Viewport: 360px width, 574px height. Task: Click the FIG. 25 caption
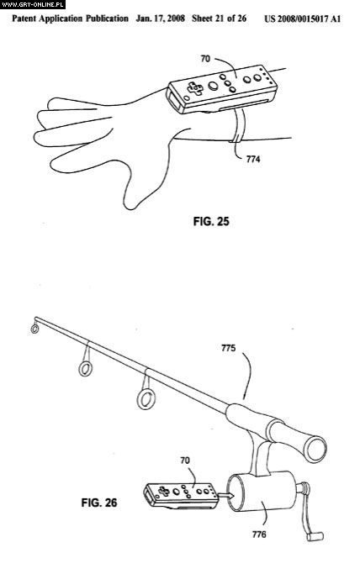click(211, 221)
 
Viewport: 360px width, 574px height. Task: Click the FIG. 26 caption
click(99, 503)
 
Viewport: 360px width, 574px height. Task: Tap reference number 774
click(253, 159)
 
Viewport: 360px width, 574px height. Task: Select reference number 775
click(229, 348)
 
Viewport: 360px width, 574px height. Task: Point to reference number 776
click(259, 535)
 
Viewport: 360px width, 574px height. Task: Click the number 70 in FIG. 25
click(205, 58)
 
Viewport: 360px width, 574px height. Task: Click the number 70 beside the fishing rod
click(185, 461)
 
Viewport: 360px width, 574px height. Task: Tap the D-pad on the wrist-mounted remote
click(195, 88)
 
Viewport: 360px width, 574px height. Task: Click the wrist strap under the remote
click(237, 126)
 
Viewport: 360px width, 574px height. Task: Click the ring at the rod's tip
click(34, 329)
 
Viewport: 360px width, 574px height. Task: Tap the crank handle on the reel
click(310, 512)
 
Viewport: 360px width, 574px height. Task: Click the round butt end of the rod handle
click(316, 449)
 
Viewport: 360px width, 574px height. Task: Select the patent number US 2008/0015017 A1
click(302, 19)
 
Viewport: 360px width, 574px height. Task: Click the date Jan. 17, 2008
click(160, 18)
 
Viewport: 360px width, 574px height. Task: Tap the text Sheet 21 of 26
click(219, 18)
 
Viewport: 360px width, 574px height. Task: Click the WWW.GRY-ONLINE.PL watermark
click(33, 4)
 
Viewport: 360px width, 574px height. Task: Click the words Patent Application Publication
click(71, 18)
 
